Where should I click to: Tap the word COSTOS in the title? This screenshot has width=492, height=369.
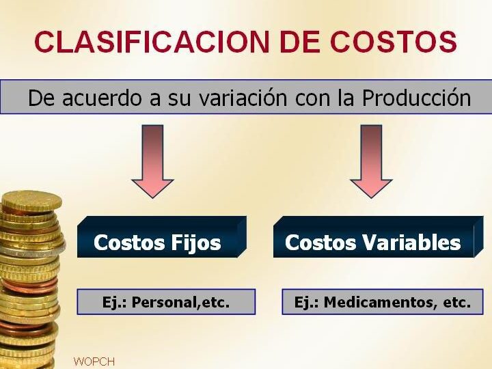[393, 42]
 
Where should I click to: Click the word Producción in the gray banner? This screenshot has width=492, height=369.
[416, 98]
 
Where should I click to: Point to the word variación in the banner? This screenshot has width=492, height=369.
[243, 98]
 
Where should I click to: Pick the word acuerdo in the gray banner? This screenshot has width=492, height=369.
[102, 98]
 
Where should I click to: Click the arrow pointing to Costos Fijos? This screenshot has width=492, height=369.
[152, 161]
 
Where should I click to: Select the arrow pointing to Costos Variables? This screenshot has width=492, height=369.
[371, 161]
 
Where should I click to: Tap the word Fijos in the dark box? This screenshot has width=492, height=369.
[196, 243]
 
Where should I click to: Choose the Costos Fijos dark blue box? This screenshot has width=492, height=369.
[161, 237]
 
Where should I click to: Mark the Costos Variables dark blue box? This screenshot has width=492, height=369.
[378, 237]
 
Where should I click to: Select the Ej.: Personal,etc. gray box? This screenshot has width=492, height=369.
[166, 302]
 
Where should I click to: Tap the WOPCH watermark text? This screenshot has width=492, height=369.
[94, 361]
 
